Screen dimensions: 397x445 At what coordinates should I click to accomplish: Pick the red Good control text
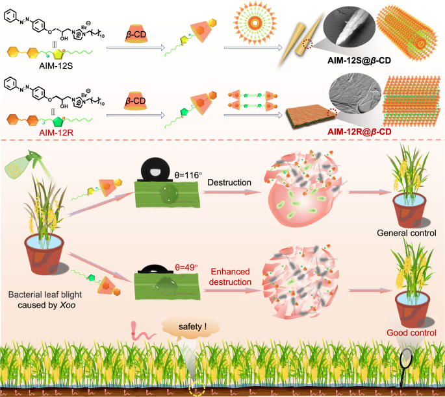(409, 333)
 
